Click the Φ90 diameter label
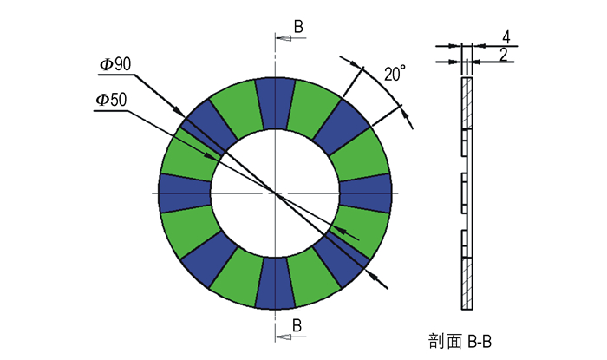(x=115, y=64)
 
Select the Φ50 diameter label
(x=112, y=100)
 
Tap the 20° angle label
(x=395, y=73)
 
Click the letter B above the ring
(x=298, y=27)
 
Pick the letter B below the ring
(x=297, y=325)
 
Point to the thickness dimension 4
(x=506, y=37)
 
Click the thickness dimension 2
(x=503, y=55)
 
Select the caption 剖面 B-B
(x=460, y=342)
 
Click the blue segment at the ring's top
(x=275, y=103)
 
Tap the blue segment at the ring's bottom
(x=275, y=284)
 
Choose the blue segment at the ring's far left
(x=185, y=193)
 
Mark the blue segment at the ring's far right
(x=365, y=193)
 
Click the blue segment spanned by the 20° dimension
(x=342, y=127)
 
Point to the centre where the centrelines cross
(x=275, y=193)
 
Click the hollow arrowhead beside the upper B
(x=284, y=38)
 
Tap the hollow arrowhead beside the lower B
(x=284, y=337)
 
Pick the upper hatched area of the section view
(x=467, y=103)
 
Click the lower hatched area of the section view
(x=467, y=284)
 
